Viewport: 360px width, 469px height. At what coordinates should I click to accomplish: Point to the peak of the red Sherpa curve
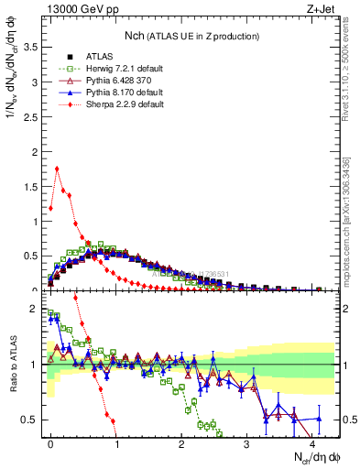57,169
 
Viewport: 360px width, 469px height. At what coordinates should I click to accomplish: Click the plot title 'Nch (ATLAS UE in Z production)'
191,36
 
